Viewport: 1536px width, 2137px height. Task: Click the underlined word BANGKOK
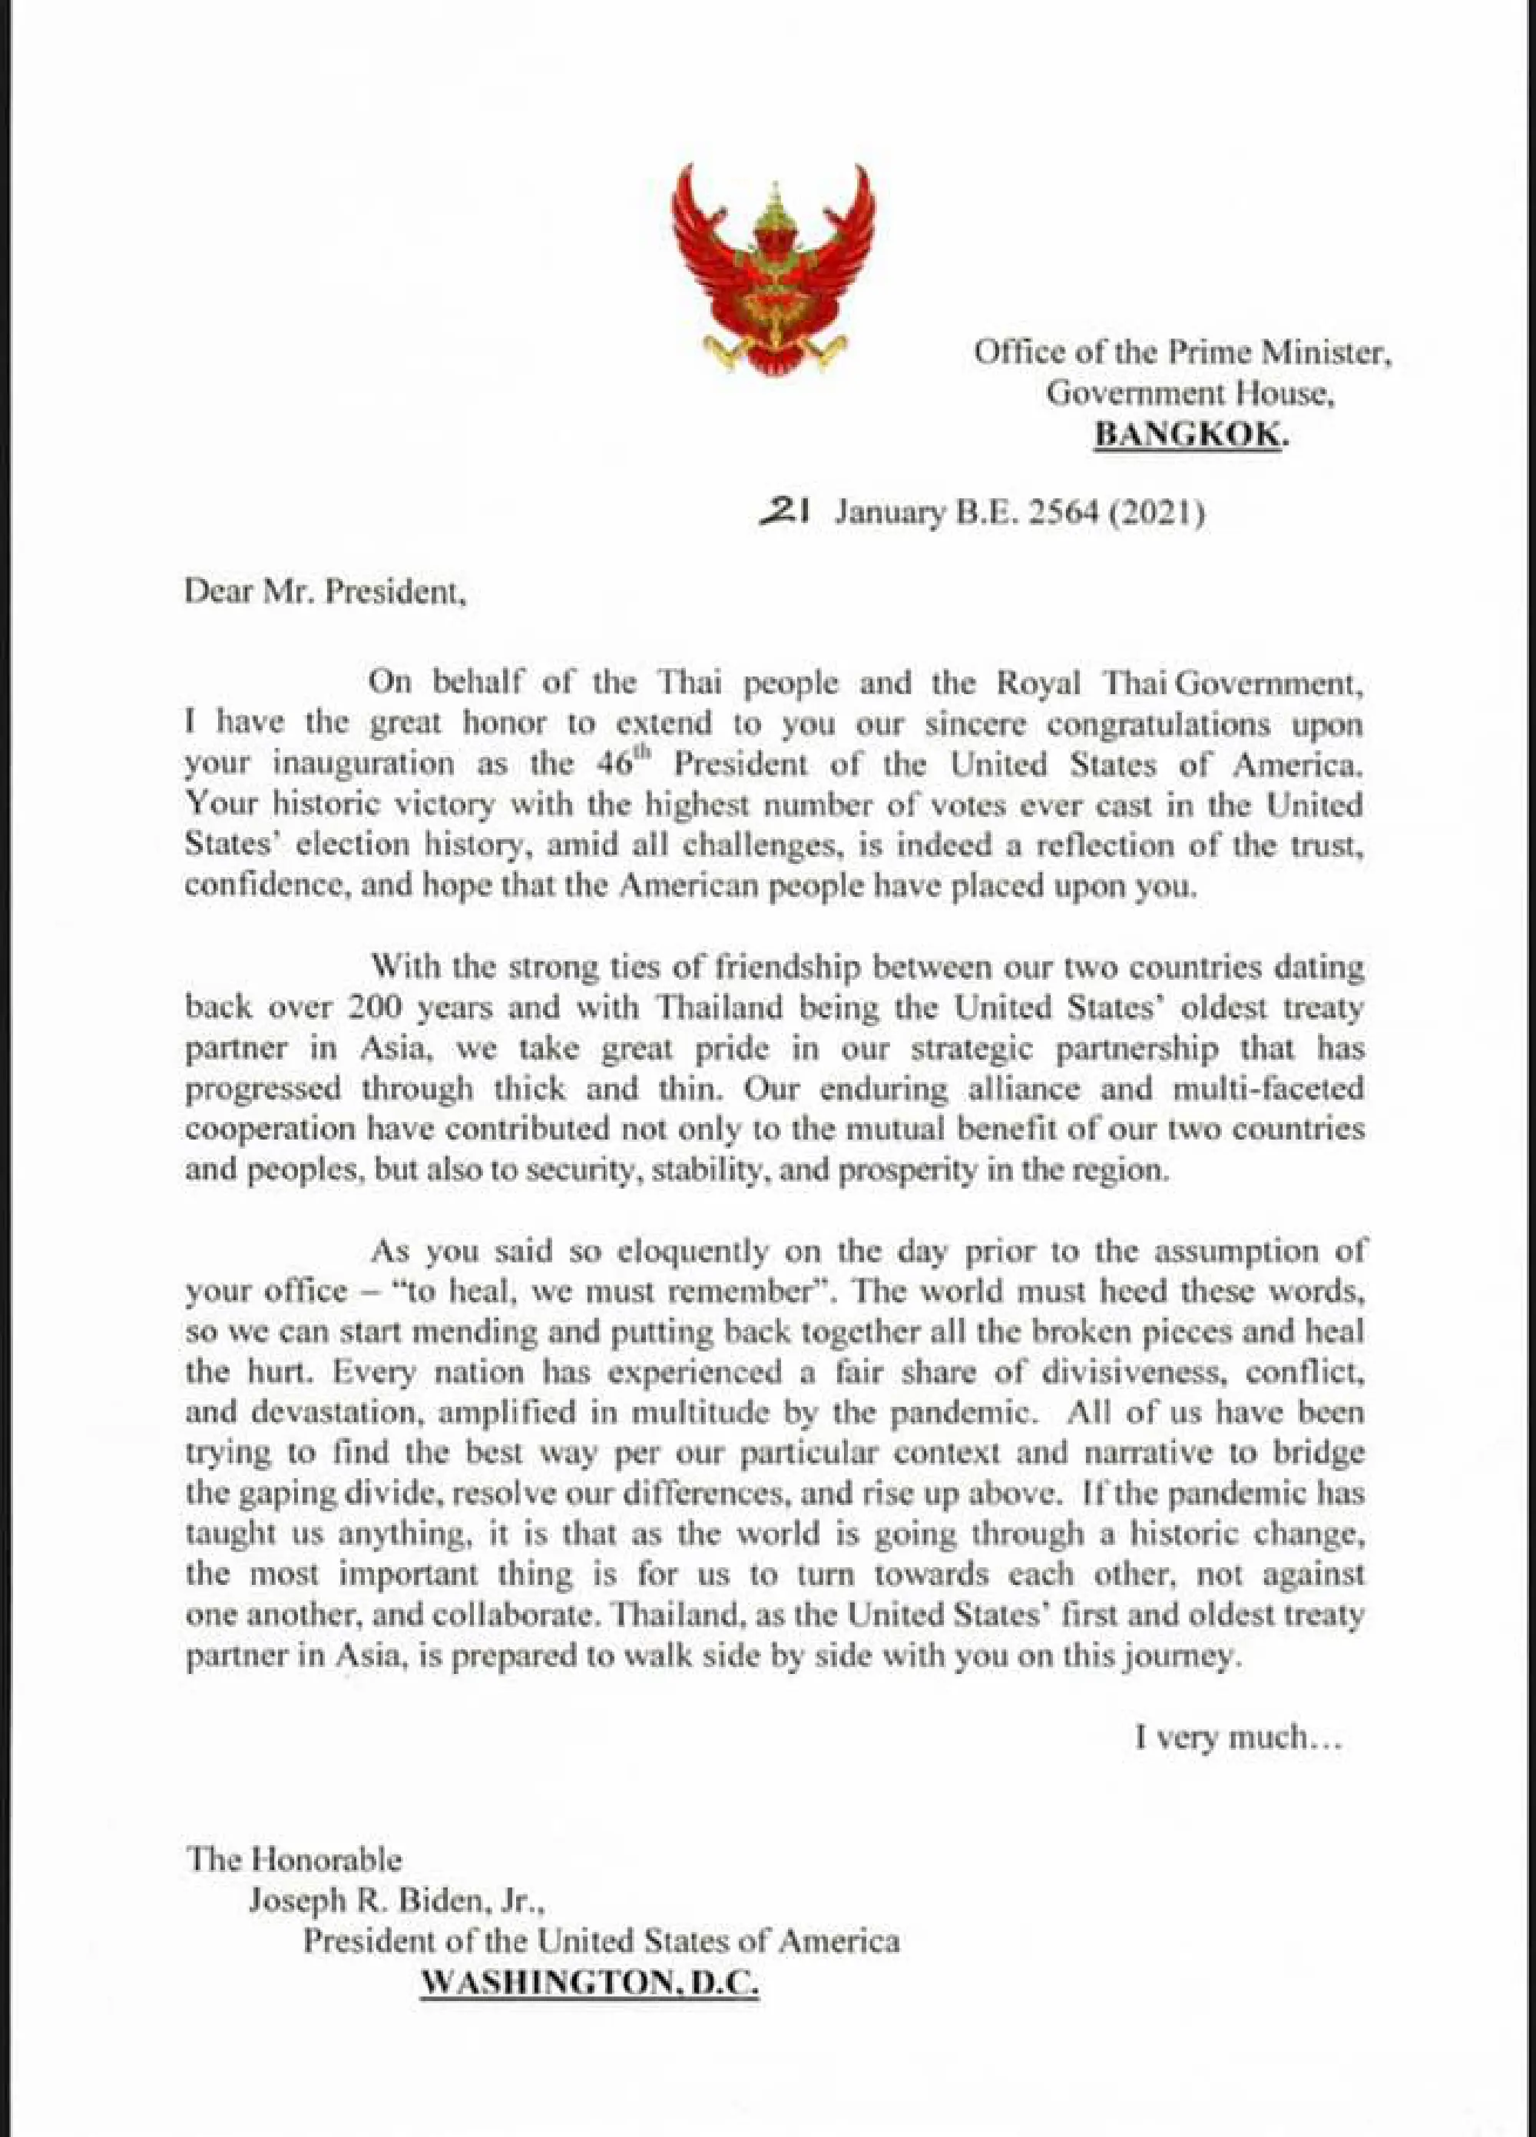click(1187, 435)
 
